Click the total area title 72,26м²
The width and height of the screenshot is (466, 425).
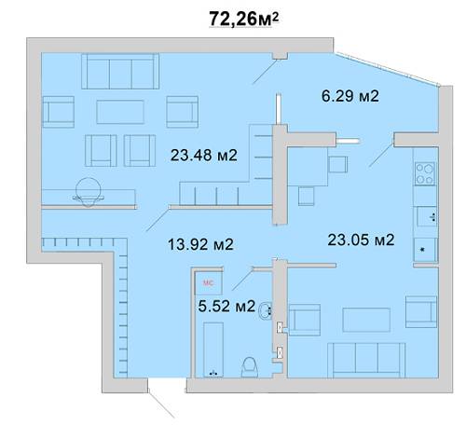[244, 19]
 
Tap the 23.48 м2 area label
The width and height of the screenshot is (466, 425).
[204, 155]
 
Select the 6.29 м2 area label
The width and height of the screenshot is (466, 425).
[350, 96]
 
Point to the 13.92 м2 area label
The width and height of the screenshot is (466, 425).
[200, 244]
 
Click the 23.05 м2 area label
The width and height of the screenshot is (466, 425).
[361, 240]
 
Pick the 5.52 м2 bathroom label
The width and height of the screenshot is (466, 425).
[226, 306]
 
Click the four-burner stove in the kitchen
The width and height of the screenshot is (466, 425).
[425, 173]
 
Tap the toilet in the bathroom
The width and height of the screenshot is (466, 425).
[250, 367]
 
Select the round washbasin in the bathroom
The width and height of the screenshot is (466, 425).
[266, 310]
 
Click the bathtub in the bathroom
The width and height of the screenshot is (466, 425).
[213, 350]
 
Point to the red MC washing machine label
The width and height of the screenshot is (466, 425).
[208, 283]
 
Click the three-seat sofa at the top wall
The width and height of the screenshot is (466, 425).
[120, 72]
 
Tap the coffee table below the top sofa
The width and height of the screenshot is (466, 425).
[120, 112]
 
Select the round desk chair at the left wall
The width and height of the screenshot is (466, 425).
[89, 192]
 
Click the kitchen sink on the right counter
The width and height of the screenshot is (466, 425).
[427, 216]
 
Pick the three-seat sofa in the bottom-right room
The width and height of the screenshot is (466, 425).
[366, 361]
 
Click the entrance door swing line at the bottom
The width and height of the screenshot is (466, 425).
[161, 404]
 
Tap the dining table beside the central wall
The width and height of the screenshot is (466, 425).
[308, 167]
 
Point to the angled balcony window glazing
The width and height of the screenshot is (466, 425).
[387, 70]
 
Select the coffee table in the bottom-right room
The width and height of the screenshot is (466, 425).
[366, 320]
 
